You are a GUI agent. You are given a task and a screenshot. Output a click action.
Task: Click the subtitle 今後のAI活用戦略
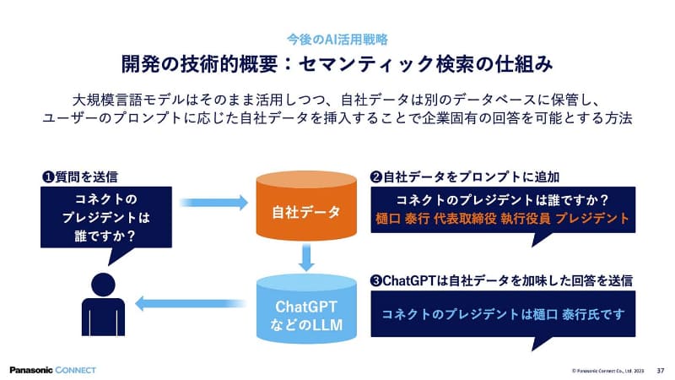[x=337, y=39]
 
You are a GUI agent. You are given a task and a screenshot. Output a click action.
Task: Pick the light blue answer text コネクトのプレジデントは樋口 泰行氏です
[x=502, y=313]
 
